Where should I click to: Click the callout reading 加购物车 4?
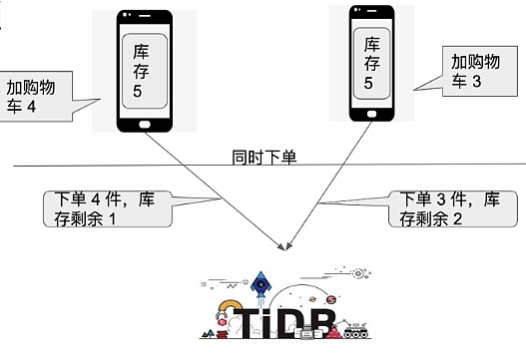(x=37, y=97)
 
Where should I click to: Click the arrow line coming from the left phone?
(x=220, y=188)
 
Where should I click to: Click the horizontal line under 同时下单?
(x=120, y=166)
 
